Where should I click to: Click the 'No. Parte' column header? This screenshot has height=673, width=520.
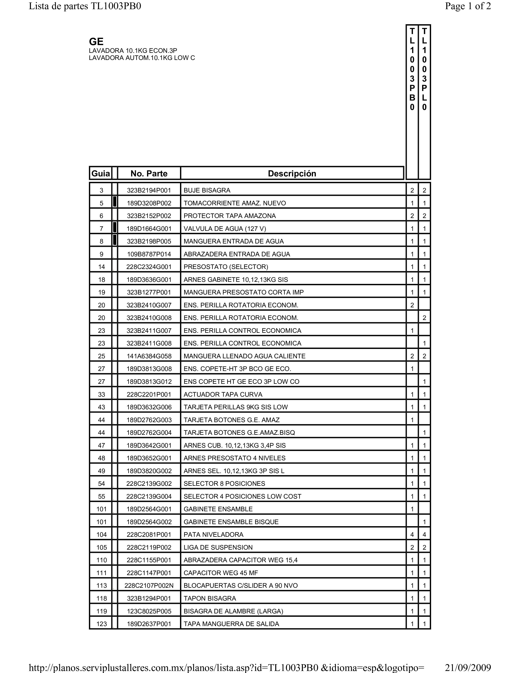(x=149, y=174)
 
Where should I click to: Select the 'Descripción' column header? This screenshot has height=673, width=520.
(x=292, y=174)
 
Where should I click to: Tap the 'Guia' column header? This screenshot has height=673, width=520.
(x=101, y=174)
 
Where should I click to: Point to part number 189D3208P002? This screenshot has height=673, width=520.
(x=149, y=203)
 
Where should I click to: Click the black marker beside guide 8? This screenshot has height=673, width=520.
(x=115, y=240)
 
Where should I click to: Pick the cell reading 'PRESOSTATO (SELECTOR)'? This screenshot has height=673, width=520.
(x=226, y=267)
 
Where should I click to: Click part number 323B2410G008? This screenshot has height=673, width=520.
(x=149, y=318)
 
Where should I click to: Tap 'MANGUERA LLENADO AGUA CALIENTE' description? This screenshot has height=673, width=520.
(x=244, y=356)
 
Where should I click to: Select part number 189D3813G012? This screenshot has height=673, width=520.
(x=149, y=382)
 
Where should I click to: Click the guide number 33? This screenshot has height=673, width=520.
(x=101, y=394)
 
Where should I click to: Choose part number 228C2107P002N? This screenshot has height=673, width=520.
(x=149, y=586)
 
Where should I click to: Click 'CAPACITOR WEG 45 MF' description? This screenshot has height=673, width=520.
(x=221, y=573)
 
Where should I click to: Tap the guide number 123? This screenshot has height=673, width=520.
(x=101, y=624)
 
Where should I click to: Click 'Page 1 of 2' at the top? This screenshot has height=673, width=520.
(x=468, y=6)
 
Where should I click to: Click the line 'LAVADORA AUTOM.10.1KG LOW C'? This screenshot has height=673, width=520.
(x=142, y=58)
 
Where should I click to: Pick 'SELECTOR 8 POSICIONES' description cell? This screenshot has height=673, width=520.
(x=224, y=484)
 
